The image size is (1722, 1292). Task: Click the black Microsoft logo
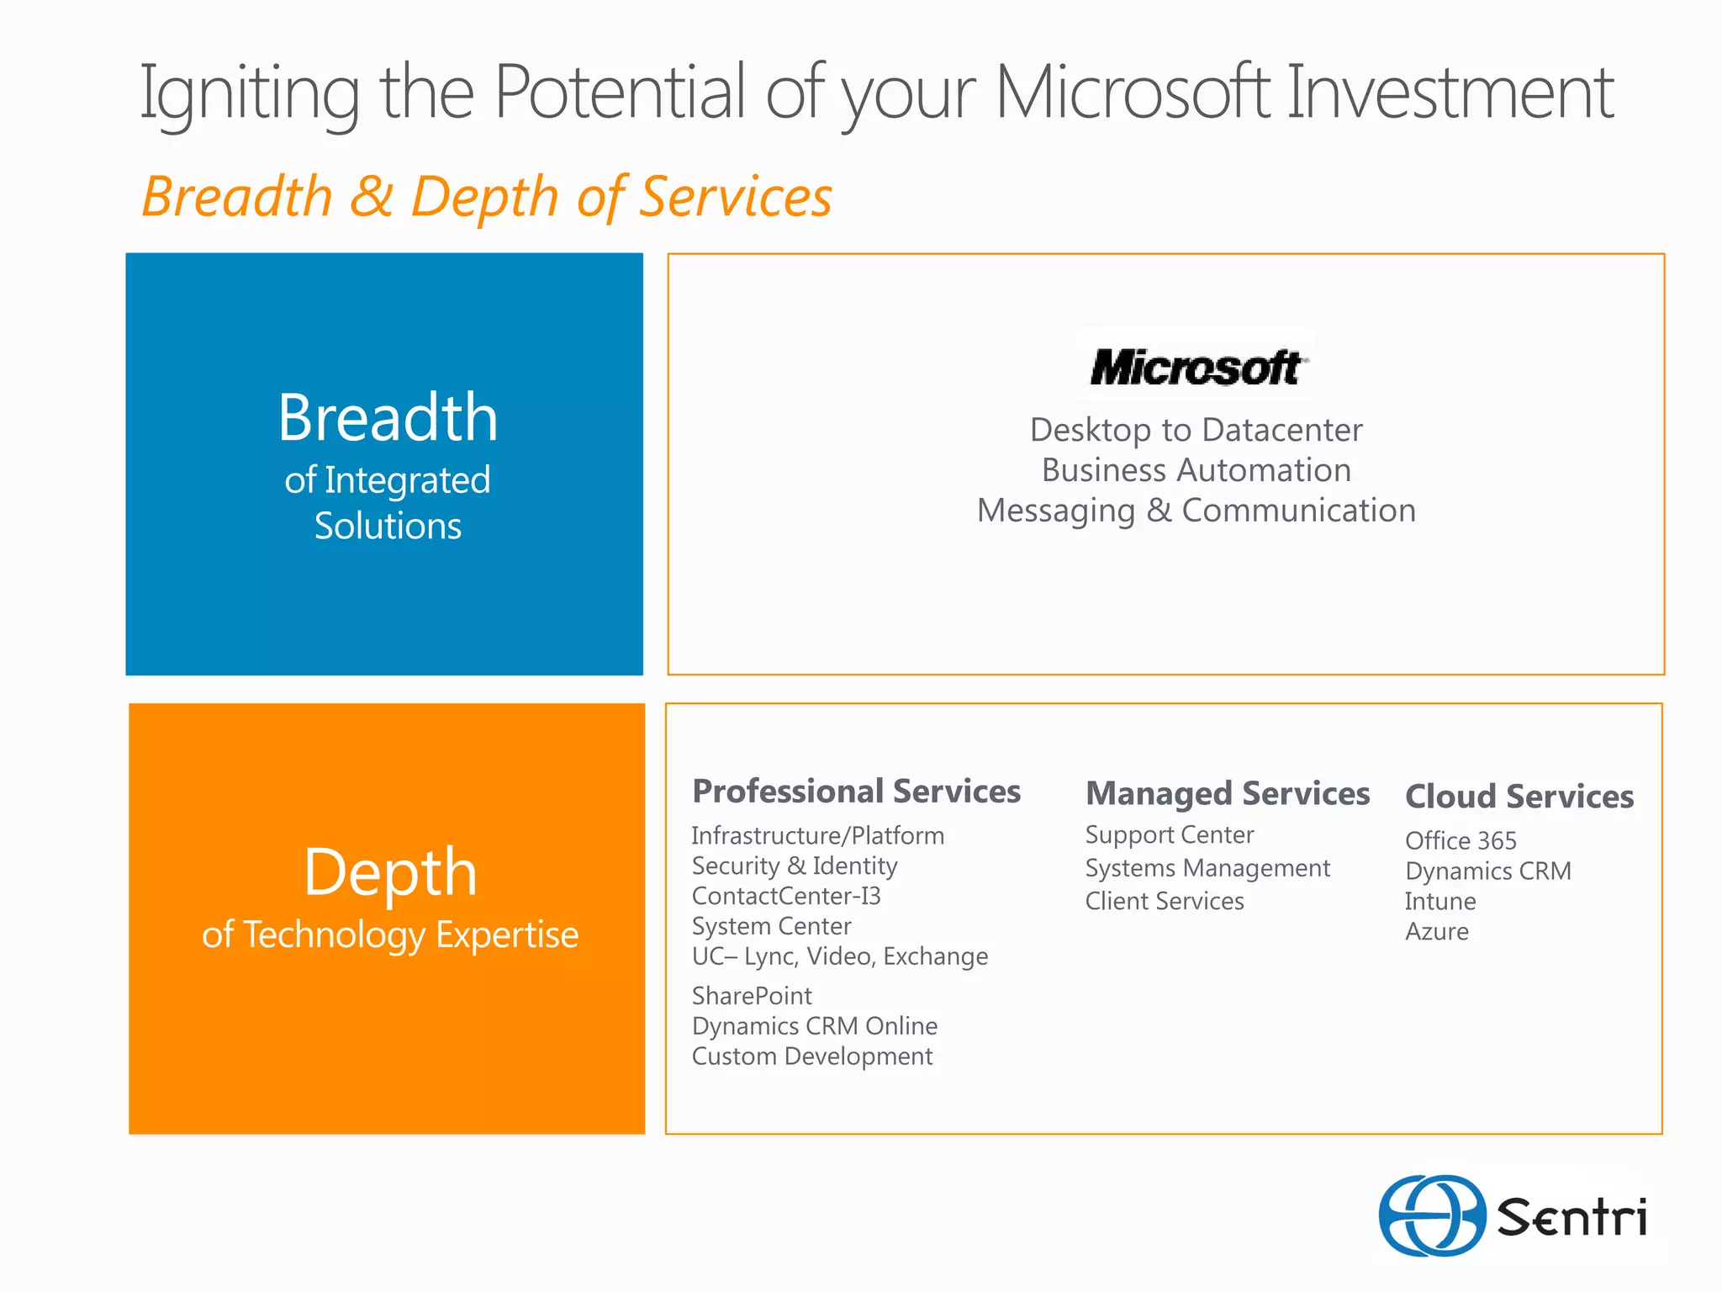pos(1196,368)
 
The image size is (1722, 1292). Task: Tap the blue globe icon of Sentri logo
pos(1432,1215)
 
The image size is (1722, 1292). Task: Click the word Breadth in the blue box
pos(388,418)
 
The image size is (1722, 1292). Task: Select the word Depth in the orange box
pos(390,872)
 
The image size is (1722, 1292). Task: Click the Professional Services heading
pos(856,792)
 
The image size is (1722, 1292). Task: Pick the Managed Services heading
pos(1228,794)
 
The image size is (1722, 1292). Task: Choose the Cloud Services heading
pos(1519,797)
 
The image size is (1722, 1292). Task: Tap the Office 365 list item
pos(1461,840)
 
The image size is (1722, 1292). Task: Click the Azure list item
pos(1437,931)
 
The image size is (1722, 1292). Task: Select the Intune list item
pos(1440,901)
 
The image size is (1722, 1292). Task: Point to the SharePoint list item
pos(752,996)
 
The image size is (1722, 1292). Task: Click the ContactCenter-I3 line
pos(786,896)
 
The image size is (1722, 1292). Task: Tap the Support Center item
pos(1169,834)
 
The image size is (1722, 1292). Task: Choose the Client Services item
pos(1165,901)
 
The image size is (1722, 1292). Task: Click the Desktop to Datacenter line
pos(1196,430)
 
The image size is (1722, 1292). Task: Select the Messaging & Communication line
pos(1196,511)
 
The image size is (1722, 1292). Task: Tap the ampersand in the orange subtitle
pos(371,197)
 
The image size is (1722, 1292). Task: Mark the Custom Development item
pos(812,1056)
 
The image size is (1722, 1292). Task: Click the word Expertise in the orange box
pos(507,935)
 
